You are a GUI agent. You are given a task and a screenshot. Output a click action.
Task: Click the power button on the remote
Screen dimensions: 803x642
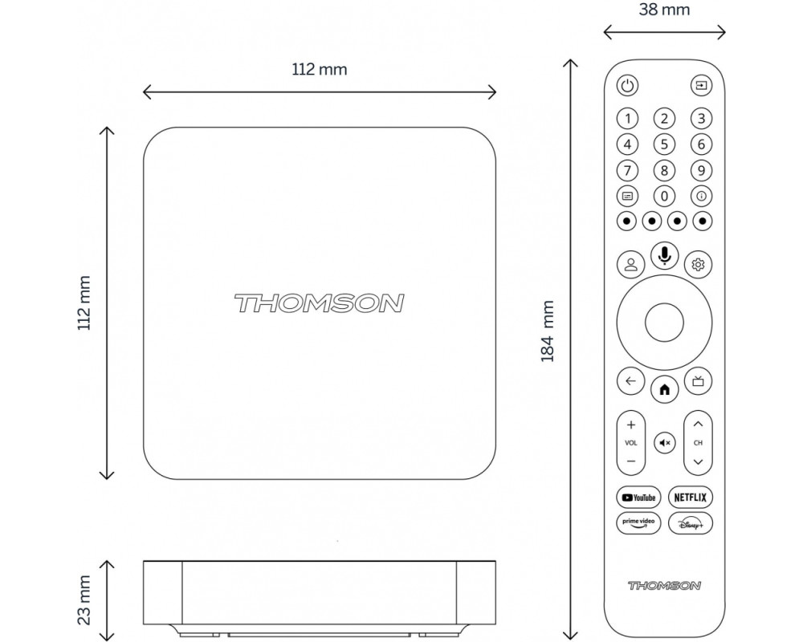627,85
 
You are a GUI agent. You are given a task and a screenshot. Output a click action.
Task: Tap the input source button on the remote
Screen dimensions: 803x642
701,85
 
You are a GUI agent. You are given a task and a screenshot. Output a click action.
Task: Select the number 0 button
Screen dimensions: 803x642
664,196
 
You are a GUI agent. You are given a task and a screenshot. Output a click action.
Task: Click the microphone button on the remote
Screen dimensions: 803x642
664,255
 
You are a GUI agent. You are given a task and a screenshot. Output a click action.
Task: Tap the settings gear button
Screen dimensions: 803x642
698,264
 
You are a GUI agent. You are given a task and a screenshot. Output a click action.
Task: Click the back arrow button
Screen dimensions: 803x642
630,381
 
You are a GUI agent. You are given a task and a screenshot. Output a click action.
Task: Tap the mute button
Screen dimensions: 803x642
665,443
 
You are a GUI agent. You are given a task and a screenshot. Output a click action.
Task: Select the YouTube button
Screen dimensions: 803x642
638,497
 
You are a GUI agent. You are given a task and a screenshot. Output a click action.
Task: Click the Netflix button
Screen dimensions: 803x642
691,497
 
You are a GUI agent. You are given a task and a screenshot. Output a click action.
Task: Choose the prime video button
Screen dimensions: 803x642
638,523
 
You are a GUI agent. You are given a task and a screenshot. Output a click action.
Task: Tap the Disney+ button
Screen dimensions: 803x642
691,523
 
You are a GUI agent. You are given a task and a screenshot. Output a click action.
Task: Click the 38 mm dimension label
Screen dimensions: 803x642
664,9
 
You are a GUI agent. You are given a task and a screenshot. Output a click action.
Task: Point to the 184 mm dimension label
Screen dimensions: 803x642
548,331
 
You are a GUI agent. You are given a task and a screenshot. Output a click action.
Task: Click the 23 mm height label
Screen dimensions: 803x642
84,600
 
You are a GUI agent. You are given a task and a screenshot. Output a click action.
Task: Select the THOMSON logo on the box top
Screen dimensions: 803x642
320,303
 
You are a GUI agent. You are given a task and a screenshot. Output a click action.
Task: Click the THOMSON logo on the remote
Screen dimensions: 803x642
664,585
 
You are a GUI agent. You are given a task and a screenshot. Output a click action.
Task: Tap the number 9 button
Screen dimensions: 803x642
701,170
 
